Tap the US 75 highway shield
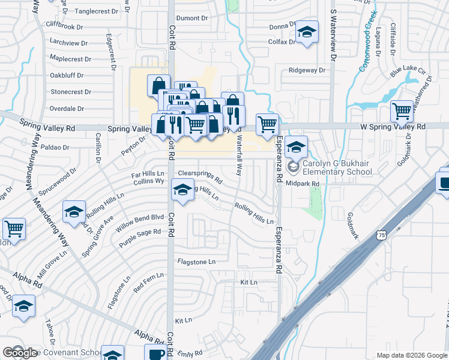coord(382,236)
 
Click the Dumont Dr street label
coord(191,19)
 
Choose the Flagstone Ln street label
coord(196,262)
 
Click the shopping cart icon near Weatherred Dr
coord(402,111)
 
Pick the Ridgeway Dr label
coord(306,70)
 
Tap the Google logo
coord(20,353)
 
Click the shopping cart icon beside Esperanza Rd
coord(267,125)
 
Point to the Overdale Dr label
coord(67,109)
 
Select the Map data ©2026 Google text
coord(411,355)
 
